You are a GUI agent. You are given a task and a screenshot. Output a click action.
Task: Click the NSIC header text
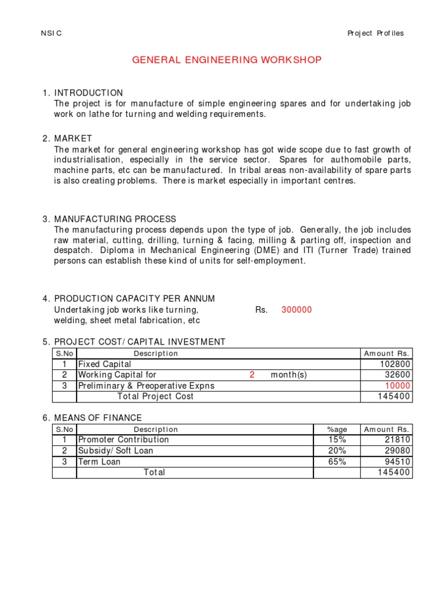click(x=51, y=33)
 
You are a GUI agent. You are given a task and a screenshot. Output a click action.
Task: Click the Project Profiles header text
click(x=375, y=33)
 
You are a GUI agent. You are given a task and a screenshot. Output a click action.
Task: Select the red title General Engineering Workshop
click(x=227, y=60)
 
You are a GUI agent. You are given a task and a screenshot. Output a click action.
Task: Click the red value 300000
click(x=296, y=310)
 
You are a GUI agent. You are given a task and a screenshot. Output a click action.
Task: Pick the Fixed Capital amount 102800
click(x=396, y=364)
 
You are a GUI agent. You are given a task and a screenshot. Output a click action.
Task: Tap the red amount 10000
click(x=398, y=386)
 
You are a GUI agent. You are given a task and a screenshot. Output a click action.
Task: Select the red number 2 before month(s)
click(x=252, y=375)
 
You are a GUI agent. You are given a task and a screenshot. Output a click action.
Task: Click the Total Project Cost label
click(x=155, y=397)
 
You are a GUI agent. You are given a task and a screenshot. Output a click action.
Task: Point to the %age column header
click(x=337, y=429)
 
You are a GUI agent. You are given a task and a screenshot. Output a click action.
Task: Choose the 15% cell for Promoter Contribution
click(x=337, y=440)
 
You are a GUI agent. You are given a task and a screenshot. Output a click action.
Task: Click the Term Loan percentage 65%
click(x=337, y=462)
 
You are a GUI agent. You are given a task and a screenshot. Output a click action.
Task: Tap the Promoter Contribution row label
click(x=123, y=440)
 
